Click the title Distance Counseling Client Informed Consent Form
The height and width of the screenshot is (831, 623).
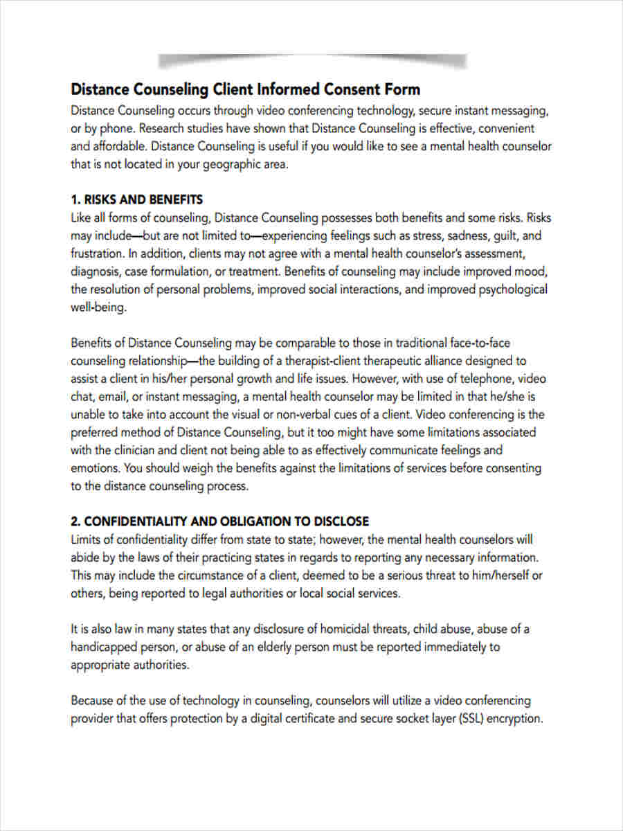246,89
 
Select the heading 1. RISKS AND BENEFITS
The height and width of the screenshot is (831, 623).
136,199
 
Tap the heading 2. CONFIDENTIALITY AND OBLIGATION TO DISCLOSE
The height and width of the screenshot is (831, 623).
219,521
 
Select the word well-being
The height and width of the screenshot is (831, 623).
98,307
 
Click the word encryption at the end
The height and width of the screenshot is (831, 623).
515,718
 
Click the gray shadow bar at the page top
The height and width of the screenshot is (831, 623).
311,61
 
